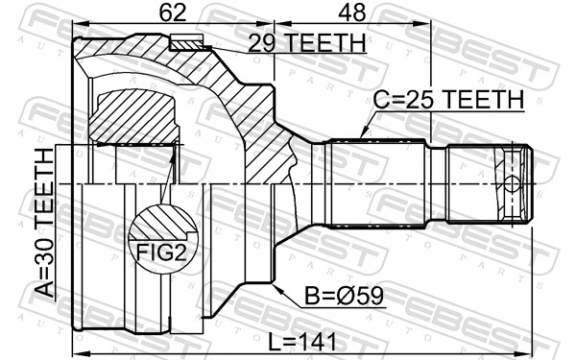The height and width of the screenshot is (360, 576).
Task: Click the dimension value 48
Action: pyautogui.click(x=354, y=13)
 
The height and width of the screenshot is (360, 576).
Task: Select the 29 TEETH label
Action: pyautogui.click(x=307, y=43)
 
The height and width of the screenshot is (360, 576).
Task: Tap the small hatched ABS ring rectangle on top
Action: pyautogui.click(x=187, y=41)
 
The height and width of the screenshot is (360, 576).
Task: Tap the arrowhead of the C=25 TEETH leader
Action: pyautogui.click(x=364, y=135)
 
